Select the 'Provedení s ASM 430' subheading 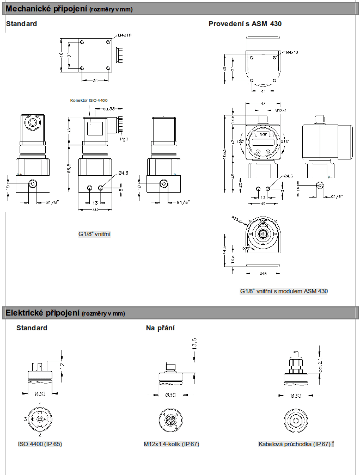[245, 24]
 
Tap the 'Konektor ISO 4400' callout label [89, 101]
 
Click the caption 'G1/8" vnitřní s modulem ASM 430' [284, 291]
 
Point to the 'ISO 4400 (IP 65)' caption [40, 444]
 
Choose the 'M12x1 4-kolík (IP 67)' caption [172, 444]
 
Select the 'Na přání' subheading [160, 328]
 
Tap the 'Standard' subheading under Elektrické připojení [32, 328]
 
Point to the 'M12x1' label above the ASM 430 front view [282, 110]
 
